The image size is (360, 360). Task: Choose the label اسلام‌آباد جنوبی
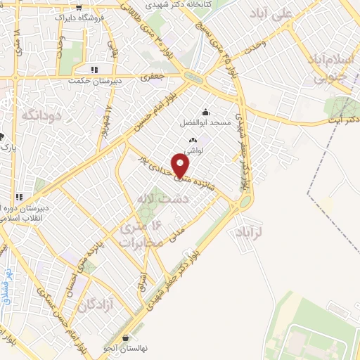tap(331, 69)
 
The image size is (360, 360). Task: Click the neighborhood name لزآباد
tap(250, 231)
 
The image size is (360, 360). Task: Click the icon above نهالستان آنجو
tap(126, 337)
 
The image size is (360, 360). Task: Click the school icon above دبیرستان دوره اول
tap(20, 198)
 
